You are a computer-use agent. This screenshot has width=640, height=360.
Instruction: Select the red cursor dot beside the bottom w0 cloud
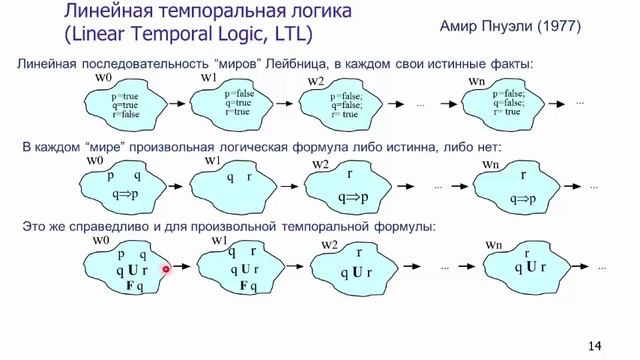(167, 269)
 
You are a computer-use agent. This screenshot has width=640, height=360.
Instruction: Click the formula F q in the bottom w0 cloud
(130, 286)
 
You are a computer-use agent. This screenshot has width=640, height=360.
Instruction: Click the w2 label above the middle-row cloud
(320, 163)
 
